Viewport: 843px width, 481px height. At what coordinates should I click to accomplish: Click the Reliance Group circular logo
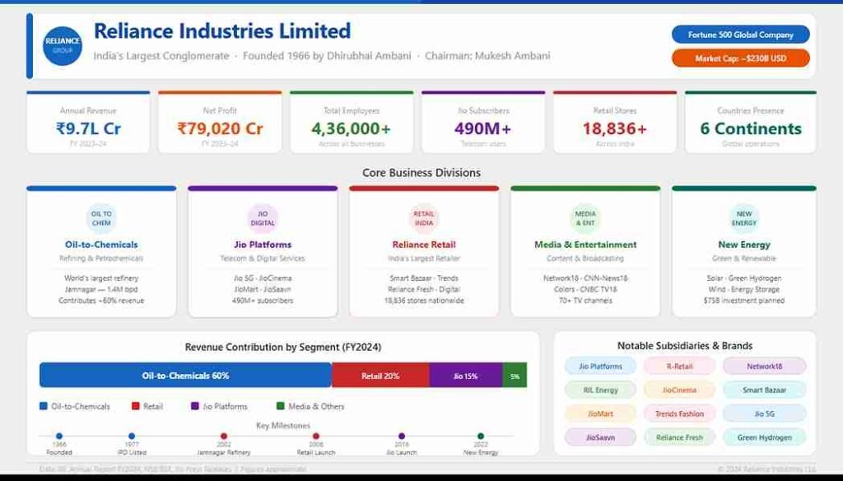[x=63, y=45]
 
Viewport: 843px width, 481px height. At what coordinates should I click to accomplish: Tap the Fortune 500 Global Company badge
[x=740, y=35]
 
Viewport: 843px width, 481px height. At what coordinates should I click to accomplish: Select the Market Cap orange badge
[x=740, y=58]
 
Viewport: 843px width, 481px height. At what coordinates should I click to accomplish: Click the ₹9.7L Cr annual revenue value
[x=88, y=128]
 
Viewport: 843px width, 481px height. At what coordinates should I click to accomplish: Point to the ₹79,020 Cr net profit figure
[x=220, y=128]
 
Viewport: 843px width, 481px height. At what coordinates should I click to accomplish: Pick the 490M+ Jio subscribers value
[x=483, y=128]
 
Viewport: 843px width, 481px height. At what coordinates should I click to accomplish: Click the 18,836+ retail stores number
[x=615, y=128]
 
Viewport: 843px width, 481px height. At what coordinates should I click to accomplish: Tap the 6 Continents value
[x=750, y=128]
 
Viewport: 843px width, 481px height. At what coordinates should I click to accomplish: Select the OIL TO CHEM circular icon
[x=101, y=218]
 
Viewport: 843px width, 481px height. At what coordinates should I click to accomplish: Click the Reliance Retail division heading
[x=424, y=245]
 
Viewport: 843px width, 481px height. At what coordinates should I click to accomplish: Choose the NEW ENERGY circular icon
[x=743, y=218]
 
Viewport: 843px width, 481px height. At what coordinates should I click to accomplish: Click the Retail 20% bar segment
[x=380, y=376]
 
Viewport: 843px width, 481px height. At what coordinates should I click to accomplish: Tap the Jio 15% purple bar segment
[x=465, y=376]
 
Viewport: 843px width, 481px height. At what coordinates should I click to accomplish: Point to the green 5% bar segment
[x=515, y=376]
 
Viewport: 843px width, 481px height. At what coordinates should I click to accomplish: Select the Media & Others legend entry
[x=310, y=406]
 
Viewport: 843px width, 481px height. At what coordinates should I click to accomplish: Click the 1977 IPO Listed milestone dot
[x=132, y=436]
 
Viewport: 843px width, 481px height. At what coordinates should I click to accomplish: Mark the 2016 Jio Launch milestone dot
[x=402, y=436]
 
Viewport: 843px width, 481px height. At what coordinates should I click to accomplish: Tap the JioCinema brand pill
[x=679, y=390]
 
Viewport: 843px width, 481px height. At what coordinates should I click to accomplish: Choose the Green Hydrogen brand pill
[x=764, y=437]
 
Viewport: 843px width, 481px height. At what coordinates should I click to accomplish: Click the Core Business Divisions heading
[x=421, y=173]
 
